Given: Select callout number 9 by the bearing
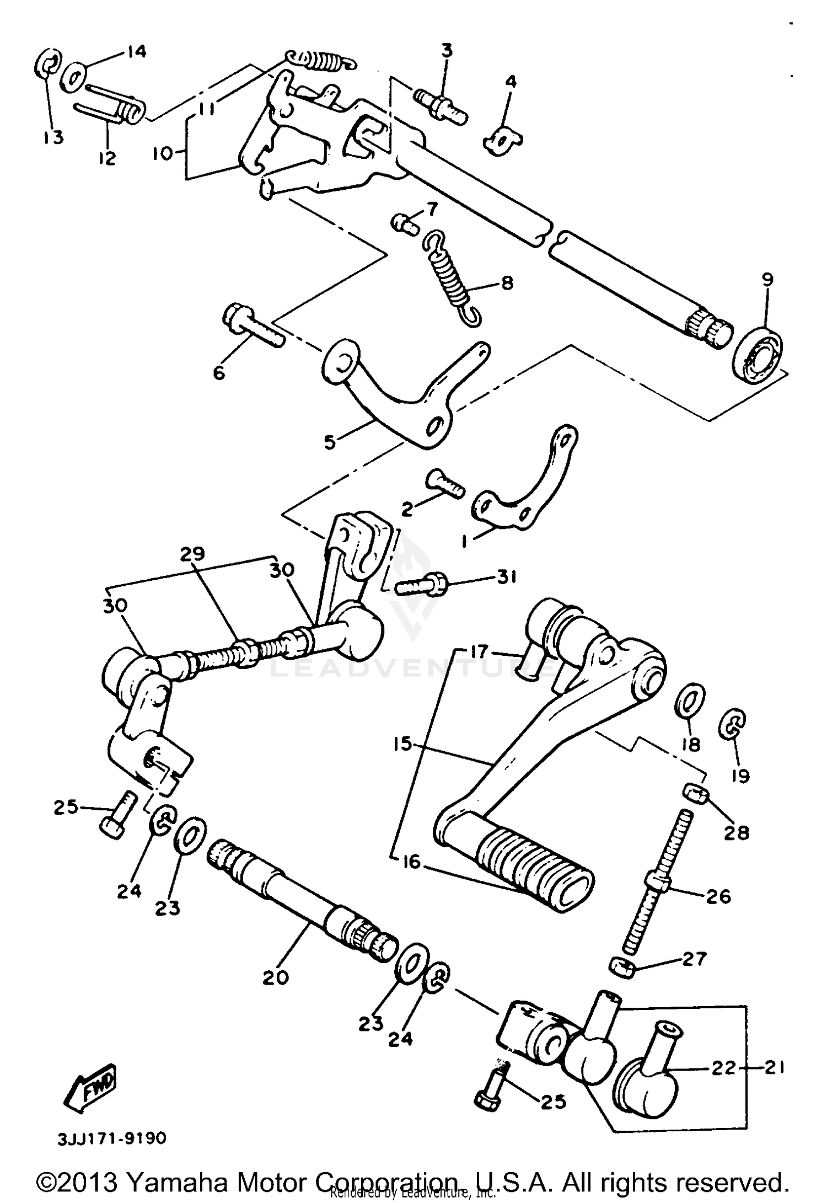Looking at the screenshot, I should pyautogui.click(x=767, y=280).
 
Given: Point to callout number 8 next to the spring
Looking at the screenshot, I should pyautogui.click(x=507, y=283).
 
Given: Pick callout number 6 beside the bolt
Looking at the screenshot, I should pyautogui.click(x=219, y=373).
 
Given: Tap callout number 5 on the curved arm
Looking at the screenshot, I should pyautogui.click(x=330, y=442).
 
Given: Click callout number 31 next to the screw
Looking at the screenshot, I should pyautogui.click(x=506, y=578).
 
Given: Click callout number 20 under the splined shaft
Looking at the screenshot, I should pyautogui.click(x=276, y=978).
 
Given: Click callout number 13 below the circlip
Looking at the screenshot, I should pyautogui.click(x=53, y=137).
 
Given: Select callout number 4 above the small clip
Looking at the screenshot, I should pyautogui.click(x=511, y=82).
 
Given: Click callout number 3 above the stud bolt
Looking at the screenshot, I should pyautogui.click(x=447, y=51).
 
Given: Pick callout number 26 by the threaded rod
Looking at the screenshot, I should pyautogui.click(x=718, y=896).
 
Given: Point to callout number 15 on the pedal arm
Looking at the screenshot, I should pyautogui.click(x=403, y=744).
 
